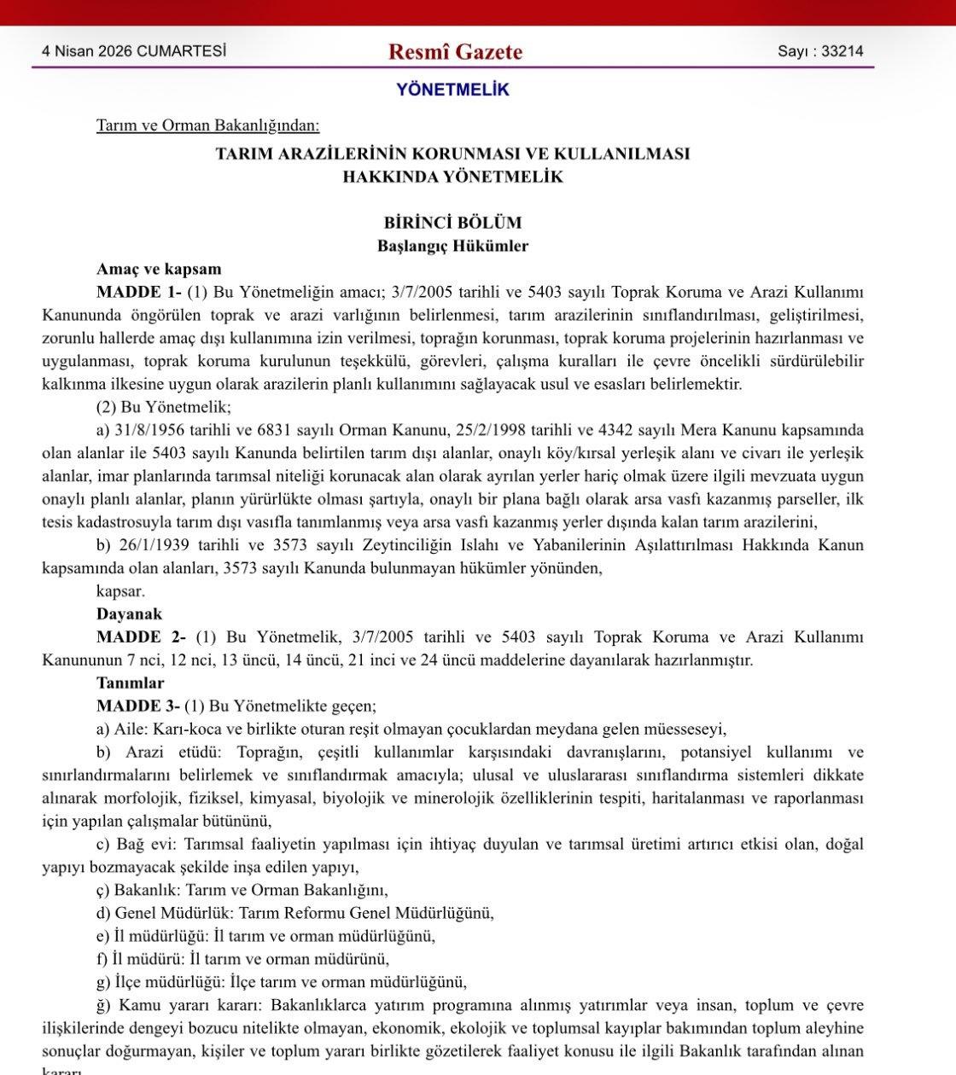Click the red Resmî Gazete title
[x=455, y=52]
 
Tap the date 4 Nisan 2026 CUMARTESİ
[x=134, y=51]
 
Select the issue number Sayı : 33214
[x=819, y=51]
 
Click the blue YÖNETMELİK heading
[x=452, y=90]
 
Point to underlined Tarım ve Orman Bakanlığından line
[x=207, y=125]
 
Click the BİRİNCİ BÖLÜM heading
[x=452, y=223]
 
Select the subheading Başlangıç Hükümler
[x=453, y=246]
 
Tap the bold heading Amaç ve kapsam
[x=159, y=269]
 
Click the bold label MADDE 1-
[x=138, y=292]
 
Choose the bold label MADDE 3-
[x=138, y=706]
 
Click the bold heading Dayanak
[x=129, y=614]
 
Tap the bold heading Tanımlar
[x=131, y=683]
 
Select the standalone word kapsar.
[x=120, y=591]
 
